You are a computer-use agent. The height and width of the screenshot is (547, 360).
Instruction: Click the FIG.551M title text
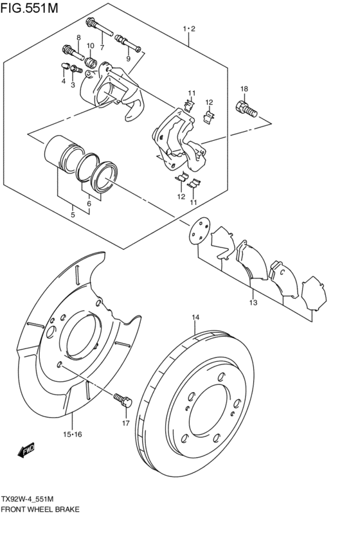tap(30, 8)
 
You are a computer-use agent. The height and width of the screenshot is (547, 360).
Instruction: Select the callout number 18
tap(244, 89)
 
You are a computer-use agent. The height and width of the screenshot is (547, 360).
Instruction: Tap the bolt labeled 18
tap(247, 109)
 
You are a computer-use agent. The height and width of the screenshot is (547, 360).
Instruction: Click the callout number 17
tap(125, 423)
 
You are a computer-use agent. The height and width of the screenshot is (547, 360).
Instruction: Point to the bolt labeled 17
tap(123, 399)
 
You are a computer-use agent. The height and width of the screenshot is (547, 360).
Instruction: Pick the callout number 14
tap(195, 318)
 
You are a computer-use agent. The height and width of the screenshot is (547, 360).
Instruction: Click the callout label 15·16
tap(73, 435)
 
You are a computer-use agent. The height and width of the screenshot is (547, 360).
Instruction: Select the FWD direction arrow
tap(26, 450)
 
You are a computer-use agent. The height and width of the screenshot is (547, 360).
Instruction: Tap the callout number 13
tap(253, 302)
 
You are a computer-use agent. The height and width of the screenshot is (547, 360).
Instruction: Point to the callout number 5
tap(73, 215)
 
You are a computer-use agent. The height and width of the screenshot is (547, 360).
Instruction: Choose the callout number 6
tap(89, 203)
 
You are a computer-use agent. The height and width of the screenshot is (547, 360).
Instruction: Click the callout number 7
tap(102, 47)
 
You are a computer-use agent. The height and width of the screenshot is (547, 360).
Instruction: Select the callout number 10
tap(91, 46)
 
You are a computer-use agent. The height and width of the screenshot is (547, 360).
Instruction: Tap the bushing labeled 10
tap(91, 63)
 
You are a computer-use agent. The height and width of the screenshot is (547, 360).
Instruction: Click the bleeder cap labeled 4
tap(64, 66)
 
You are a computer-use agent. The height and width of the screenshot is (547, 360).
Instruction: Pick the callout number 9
tap(128, 58)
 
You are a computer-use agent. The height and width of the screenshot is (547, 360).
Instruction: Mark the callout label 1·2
tap(190, 29)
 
